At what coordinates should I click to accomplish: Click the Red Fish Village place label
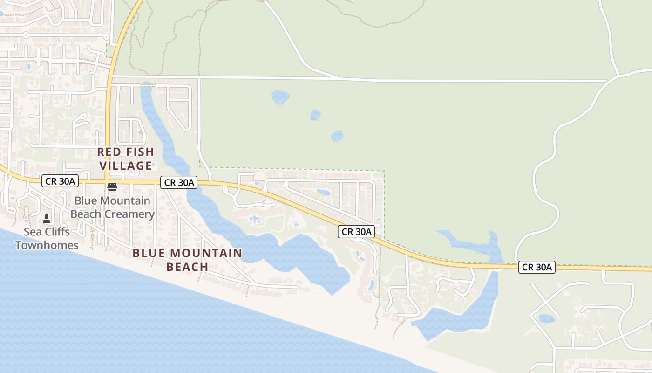click(125, 159)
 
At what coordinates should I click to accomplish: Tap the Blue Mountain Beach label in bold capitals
click(187, 260)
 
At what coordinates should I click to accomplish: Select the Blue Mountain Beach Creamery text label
click(112, 207)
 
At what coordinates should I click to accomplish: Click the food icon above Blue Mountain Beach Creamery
click(112, 187)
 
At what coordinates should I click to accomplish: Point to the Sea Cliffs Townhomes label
click(47, 238)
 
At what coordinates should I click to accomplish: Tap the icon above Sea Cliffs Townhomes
click(47, 218)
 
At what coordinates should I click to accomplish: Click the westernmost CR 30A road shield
click(60, 181)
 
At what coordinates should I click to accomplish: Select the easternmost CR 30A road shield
click(537, 267)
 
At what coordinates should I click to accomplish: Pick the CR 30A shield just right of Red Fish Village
click(179, 182)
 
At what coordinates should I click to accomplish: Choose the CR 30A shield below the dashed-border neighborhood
click(357, 232)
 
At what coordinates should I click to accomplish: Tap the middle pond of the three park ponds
click(315, 115)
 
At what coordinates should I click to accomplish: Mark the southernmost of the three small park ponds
click(337, 136)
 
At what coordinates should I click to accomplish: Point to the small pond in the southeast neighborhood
click(546, 319)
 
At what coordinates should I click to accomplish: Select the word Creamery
click(131, 214)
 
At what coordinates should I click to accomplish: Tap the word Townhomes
click(47, 245)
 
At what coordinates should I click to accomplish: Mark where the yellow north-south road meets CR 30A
click(107, 181)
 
